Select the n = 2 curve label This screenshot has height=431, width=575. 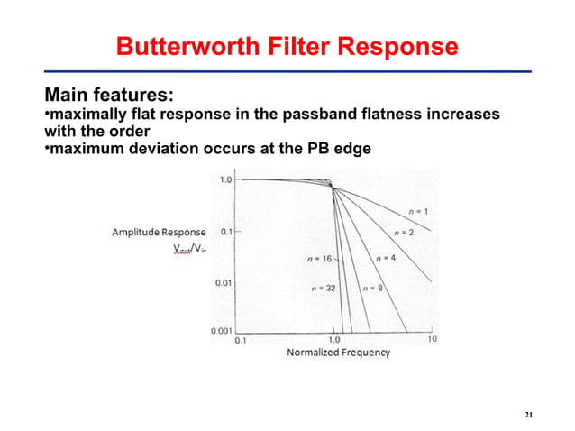(x=402, y=233)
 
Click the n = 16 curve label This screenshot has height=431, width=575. (x=321, y=259)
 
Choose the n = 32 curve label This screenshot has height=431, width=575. (x=322, y=289)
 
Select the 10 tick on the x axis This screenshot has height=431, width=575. (x=431, y=340)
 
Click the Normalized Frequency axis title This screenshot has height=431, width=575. (x=338, y=353)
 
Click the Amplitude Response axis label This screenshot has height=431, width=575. (x=159, y=233)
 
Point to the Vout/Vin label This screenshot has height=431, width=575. (x=188, y=252)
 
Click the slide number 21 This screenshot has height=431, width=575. (x=529, y=414)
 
